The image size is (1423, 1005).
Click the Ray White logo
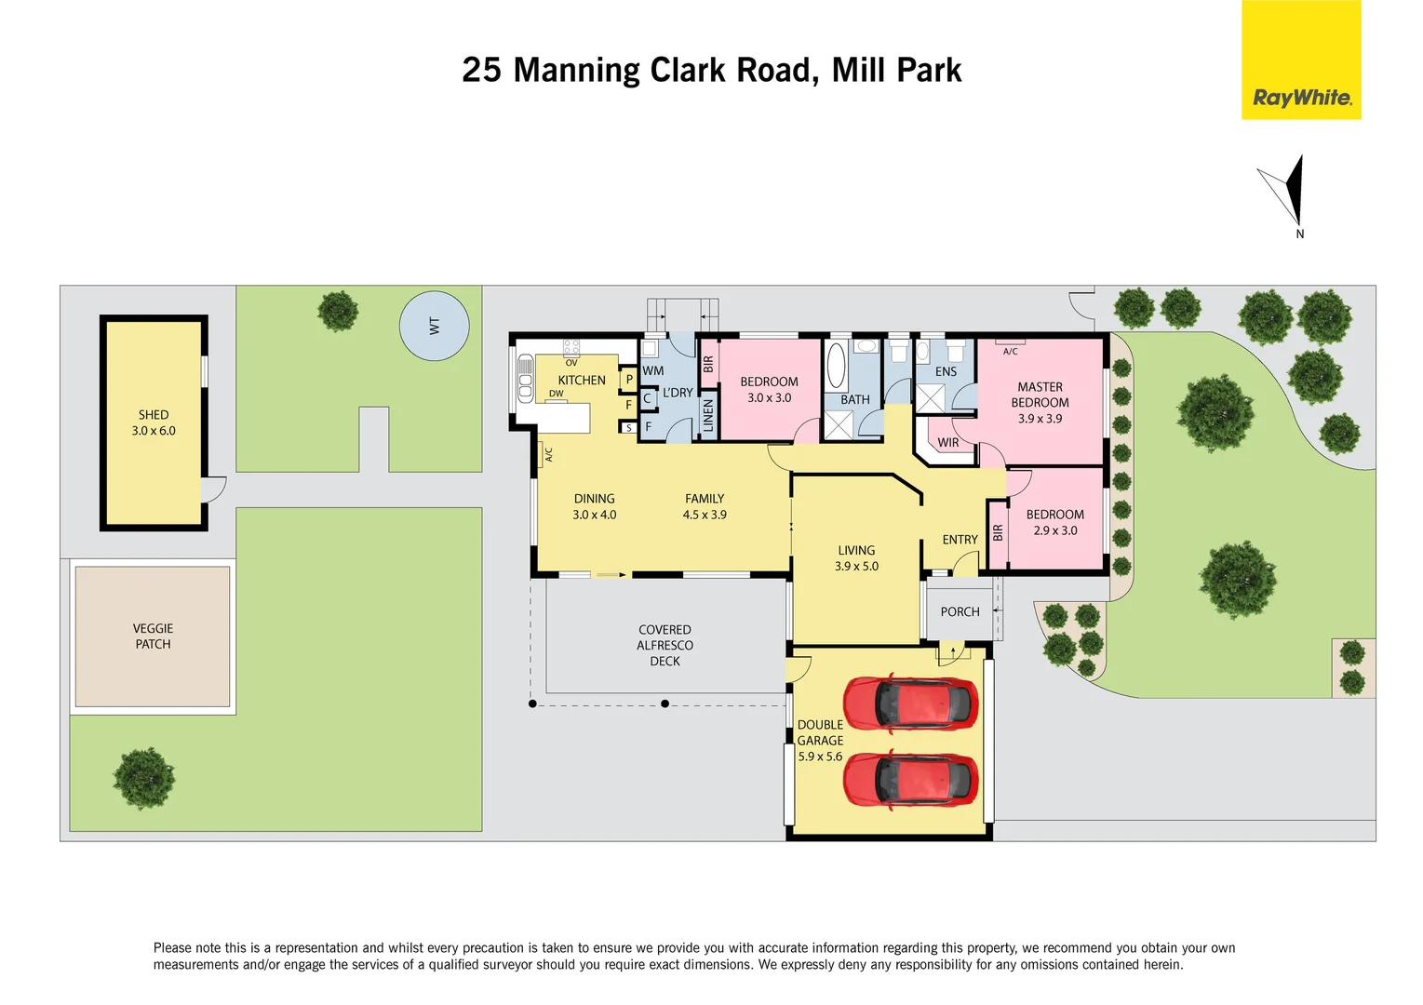(1300, 60)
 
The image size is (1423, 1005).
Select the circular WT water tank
(434, 326)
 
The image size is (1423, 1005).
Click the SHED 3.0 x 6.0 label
(154, 422)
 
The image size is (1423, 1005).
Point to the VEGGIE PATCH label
(153, 636)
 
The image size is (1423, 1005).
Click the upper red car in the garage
(910, 703)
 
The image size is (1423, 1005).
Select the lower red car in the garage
(910, 779)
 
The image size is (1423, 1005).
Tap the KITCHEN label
(582, 380)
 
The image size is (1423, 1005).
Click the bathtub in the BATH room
(836, 365)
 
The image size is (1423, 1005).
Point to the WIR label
(947, 443)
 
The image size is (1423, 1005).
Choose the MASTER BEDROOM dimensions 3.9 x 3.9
(1040, 419)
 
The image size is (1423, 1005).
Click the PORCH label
(960, 611)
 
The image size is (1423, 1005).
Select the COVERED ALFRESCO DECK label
(665, 645)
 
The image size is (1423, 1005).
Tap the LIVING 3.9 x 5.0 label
(856, 558)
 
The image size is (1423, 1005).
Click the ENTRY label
(960, 540)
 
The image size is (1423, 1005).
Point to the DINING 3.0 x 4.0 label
(594, 506)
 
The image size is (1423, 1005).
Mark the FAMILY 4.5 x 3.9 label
(705, 506)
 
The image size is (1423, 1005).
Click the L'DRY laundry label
(678, 393)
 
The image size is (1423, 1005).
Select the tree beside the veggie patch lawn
(143, 778)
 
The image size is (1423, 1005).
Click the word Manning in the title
(576, 71)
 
